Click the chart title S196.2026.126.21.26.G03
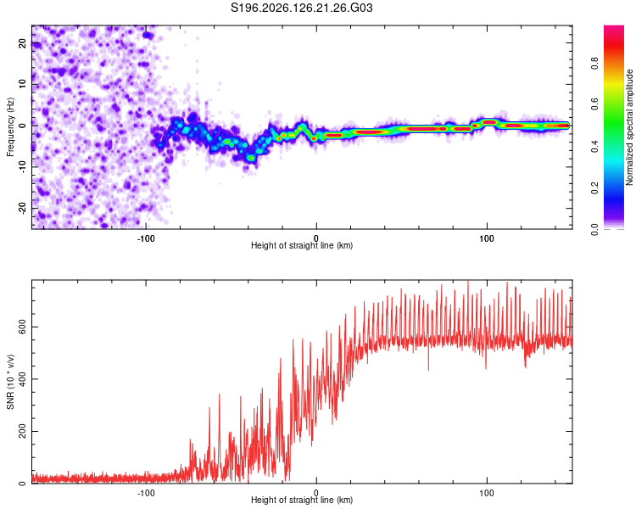(x=301, y=8)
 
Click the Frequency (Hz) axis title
(x=10, y=127)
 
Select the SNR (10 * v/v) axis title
(x=10, y=382)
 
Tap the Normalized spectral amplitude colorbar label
(x=629, y=127)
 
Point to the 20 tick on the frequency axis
(x=22, y=43)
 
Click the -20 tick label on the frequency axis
(x=22, y=208)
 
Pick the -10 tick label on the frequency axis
(x=22, y=167)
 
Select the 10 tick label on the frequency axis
(x=22, y=84)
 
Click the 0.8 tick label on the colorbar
(x=594, y=64)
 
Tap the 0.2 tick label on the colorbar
(x=594, y=188)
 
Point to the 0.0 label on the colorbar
(x=594, y=229)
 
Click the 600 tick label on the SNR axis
(x=22, y=327)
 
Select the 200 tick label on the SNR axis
(x=22, y=432)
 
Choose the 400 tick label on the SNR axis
(x=22, y=379)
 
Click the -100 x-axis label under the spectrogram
(x=146, y=238)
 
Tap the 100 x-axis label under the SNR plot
(x=487, y=493)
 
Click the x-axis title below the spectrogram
(x=302, y=245)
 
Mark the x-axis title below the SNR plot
(x=302, y=500)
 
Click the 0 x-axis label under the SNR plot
(x=316, y=493)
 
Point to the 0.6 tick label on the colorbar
(x=594, y=104)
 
